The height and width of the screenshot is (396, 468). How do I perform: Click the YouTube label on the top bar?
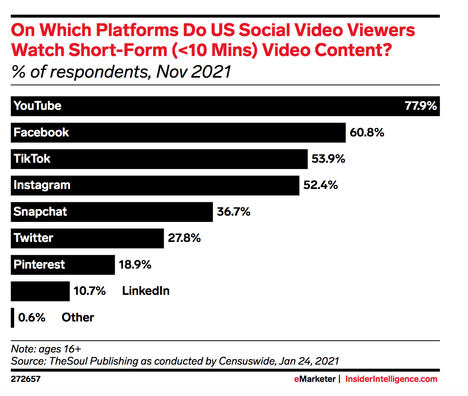coord(37,106)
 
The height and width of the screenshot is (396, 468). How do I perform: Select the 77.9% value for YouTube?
coord(420,106)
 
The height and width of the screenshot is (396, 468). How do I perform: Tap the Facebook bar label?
coord(41,133)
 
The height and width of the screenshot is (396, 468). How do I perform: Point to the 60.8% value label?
coord(367,133)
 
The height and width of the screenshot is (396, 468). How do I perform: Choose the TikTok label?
coord(32,159)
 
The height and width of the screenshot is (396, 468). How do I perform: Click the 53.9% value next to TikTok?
coord(328,159)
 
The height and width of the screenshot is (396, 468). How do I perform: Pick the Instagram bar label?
coord(42,185)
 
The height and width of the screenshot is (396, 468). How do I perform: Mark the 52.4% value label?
coord(320,185)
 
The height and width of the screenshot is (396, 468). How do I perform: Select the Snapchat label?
coord(40,212)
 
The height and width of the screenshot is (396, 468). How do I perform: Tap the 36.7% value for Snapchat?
coord(234,212)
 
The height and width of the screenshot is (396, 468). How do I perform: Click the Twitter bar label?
coord(33,238)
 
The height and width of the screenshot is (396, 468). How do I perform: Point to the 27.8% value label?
coord(184,238)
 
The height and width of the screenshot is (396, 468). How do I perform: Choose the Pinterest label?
coord(39,264)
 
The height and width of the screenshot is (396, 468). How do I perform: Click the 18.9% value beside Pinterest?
coord(135,265)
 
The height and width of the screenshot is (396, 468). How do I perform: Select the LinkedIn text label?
coord(146,291)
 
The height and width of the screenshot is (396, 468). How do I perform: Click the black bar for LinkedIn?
coord(40,291)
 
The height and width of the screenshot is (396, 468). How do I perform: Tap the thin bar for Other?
coord(13,318)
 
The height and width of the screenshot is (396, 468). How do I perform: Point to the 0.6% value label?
coord(32,318)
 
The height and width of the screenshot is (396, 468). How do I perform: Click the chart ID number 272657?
coord(26,379)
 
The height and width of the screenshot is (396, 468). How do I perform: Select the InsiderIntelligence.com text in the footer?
coord(391,379)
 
